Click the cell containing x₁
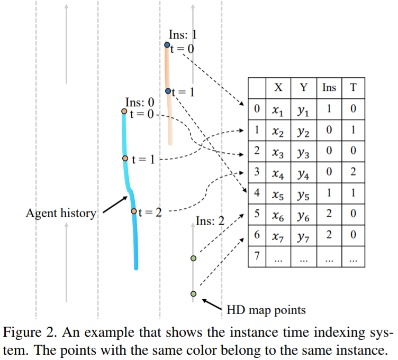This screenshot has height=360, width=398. tap(277, 110)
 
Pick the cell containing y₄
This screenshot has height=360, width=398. tap(303, 172)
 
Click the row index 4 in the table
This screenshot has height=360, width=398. tap(256, 193)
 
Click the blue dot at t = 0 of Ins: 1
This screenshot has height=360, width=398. tap(167, 47)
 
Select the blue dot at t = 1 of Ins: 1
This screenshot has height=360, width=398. tap(168, 91)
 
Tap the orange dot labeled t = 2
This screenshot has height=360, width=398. tap(134, 211)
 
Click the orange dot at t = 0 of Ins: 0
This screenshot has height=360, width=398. tap(124, 112)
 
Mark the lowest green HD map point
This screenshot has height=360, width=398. tap(193, 294)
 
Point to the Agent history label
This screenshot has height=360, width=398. tap(61, 213)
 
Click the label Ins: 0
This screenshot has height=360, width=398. tap(140, 101)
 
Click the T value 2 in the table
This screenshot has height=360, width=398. tap(353, 172)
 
